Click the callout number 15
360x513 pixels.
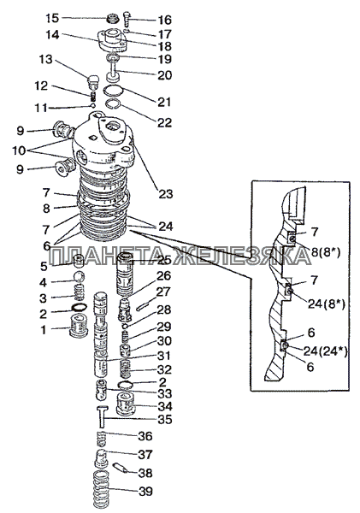(52, 18)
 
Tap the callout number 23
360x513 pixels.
(165, 194)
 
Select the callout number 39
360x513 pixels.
(145, 491)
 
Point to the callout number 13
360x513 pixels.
(46, 60)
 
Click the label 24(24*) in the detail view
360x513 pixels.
(325, 351)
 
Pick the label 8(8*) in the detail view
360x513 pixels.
(325, 252)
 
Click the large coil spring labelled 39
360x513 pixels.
(99, 490)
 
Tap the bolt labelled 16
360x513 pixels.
(127, 20)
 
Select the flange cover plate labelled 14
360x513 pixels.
(112, 41)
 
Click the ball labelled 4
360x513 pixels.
(79, 276)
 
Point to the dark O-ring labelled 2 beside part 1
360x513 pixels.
(80, 308)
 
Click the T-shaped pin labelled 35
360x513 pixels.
(102, 416)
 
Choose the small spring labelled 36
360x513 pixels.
(103, 438)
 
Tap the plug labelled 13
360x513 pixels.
(93, 81)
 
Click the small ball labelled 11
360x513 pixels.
(93, 106)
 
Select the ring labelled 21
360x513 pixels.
(113, 90)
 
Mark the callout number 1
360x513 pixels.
(44, 330)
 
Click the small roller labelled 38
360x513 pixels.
(120, 467)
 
